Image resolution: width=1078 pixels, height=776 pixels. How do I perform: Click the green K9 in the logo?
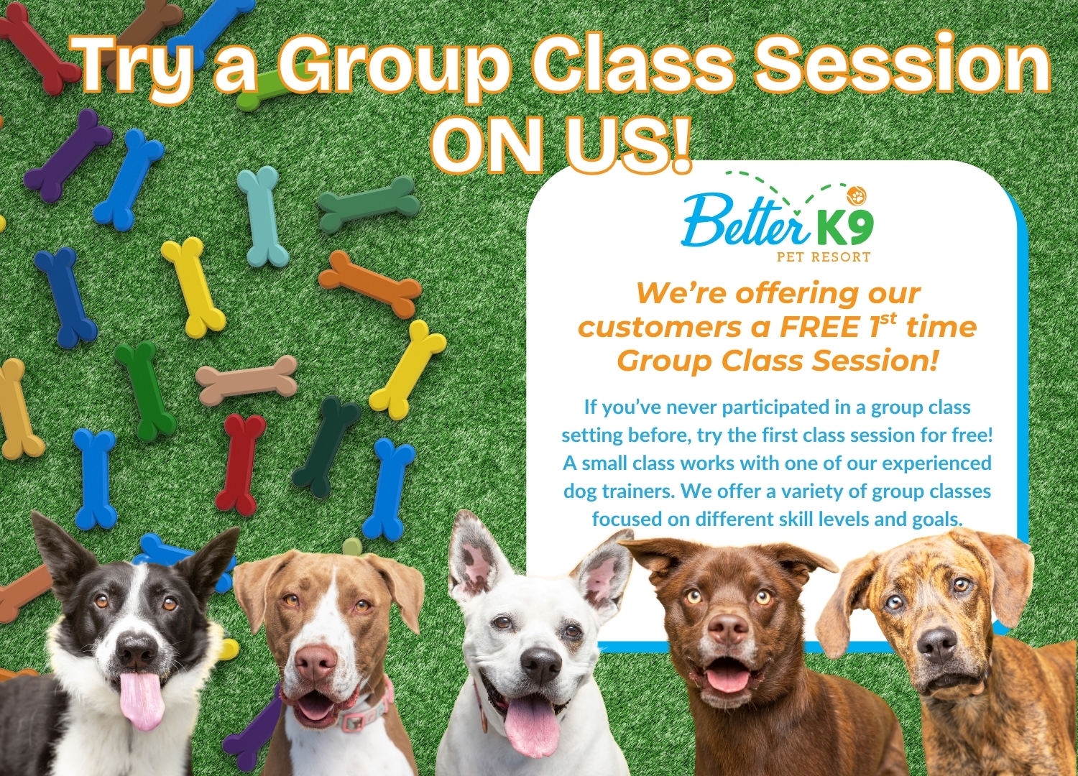pos(845,231)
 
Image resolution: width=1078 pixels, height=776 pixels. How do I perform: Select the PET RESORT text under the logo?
pos(824,257)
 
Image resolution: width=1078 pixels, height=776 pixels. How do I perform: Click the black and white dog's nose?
pos(137,652)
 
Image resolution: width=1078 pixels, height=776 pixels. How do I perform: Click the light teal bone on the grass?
pos(264,216)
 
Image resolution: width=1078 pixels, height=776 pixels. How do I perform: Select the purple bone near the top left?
pos(68,156)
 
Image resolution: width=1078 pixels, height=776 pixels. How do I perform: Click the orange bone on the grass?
pos(369,283)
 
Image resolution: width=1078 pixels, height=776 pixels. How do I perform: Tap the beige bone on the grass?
pos(247,381)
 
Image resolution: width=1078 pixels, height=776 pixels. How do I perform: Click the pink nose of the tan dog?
pos(316,662)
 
